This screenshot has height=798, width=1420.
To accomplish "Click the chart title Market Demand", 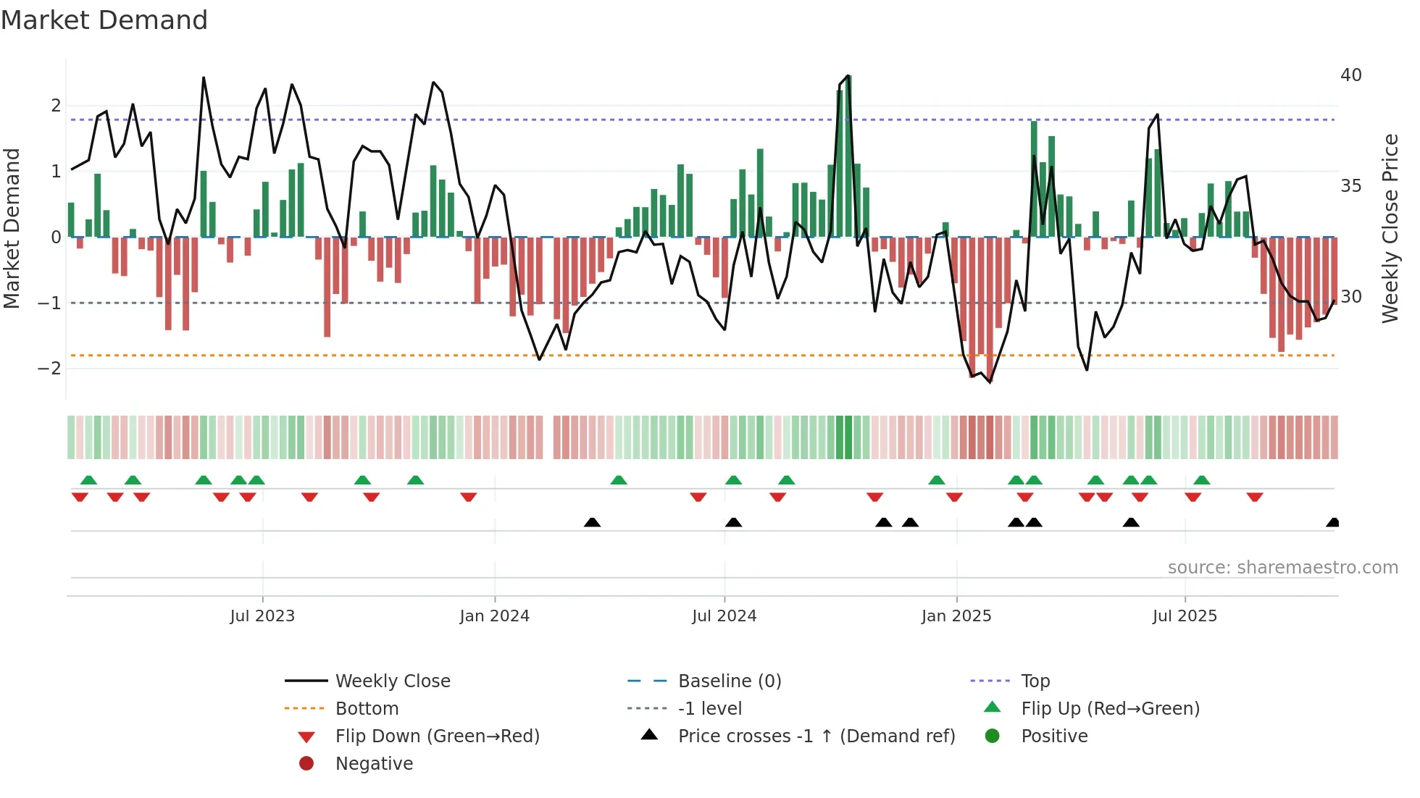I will pyautogui.click(x=104, y=20).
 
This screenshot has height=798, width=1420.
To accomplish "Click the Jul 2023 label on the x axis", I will pyautogui.click(x=262, y=616).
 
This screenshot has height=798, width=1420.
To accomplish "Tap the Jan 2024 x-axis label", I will pyautogui.click(x=495, y=616).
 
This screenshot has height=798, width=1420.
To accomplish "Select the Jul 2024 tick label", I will pyautogui.click(x=724, y=616).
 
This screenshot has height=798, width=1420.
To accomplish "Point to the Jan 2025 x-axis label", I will pyautogui.click(x=956, y=616).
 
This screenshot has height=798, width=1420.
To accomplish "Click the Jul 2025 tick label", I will pyautogui.click(x=1185, y=616).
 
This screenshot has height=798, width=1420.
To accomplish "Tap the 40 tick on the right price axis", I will pyautogui.click(x=1350, y=75).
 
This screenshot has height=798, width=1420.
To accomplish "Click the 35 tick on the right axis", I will pyautogui.click(x=1350, y=186).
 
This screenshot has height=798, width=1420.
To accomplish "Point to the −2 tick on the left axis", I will pyautogui.click(x=49, y=369).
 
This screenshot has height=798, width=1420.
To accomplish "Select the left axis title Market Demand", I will pyautogui.click(x=12, y=229).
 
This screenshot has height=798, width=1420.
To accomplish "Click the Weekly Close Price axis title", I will pyautogui.click(x=1390, y=229).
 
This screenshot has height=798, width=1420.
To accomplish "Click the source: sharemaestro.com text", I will pyautogui.click(x=1282, y=568).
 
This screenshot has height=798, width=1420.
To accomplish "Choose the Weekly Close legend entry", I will pyautogui.click(x=393, y=681).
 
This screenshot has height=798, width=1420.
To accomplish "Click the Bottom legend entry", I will pyautogui.click(x=367, y=709).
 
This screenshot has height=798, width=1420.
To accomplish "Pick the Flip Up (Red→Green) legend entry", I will pyautogui.click(x=1110, y=709).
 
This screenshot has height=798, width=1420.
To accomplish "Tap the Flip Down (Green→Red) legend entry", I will pyautogui.click(x=437, y=736).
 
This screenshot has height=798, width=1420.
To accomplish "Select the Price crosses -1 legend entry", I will pyautogui.click(x=816, y=736).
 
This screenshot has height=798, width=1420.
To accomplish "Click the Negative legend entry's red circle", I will pyautogui.click(x=306, y=764).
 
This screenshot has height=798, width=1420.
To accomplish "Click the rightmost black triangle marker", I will pyautogui.click(x=1332, y=523).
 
